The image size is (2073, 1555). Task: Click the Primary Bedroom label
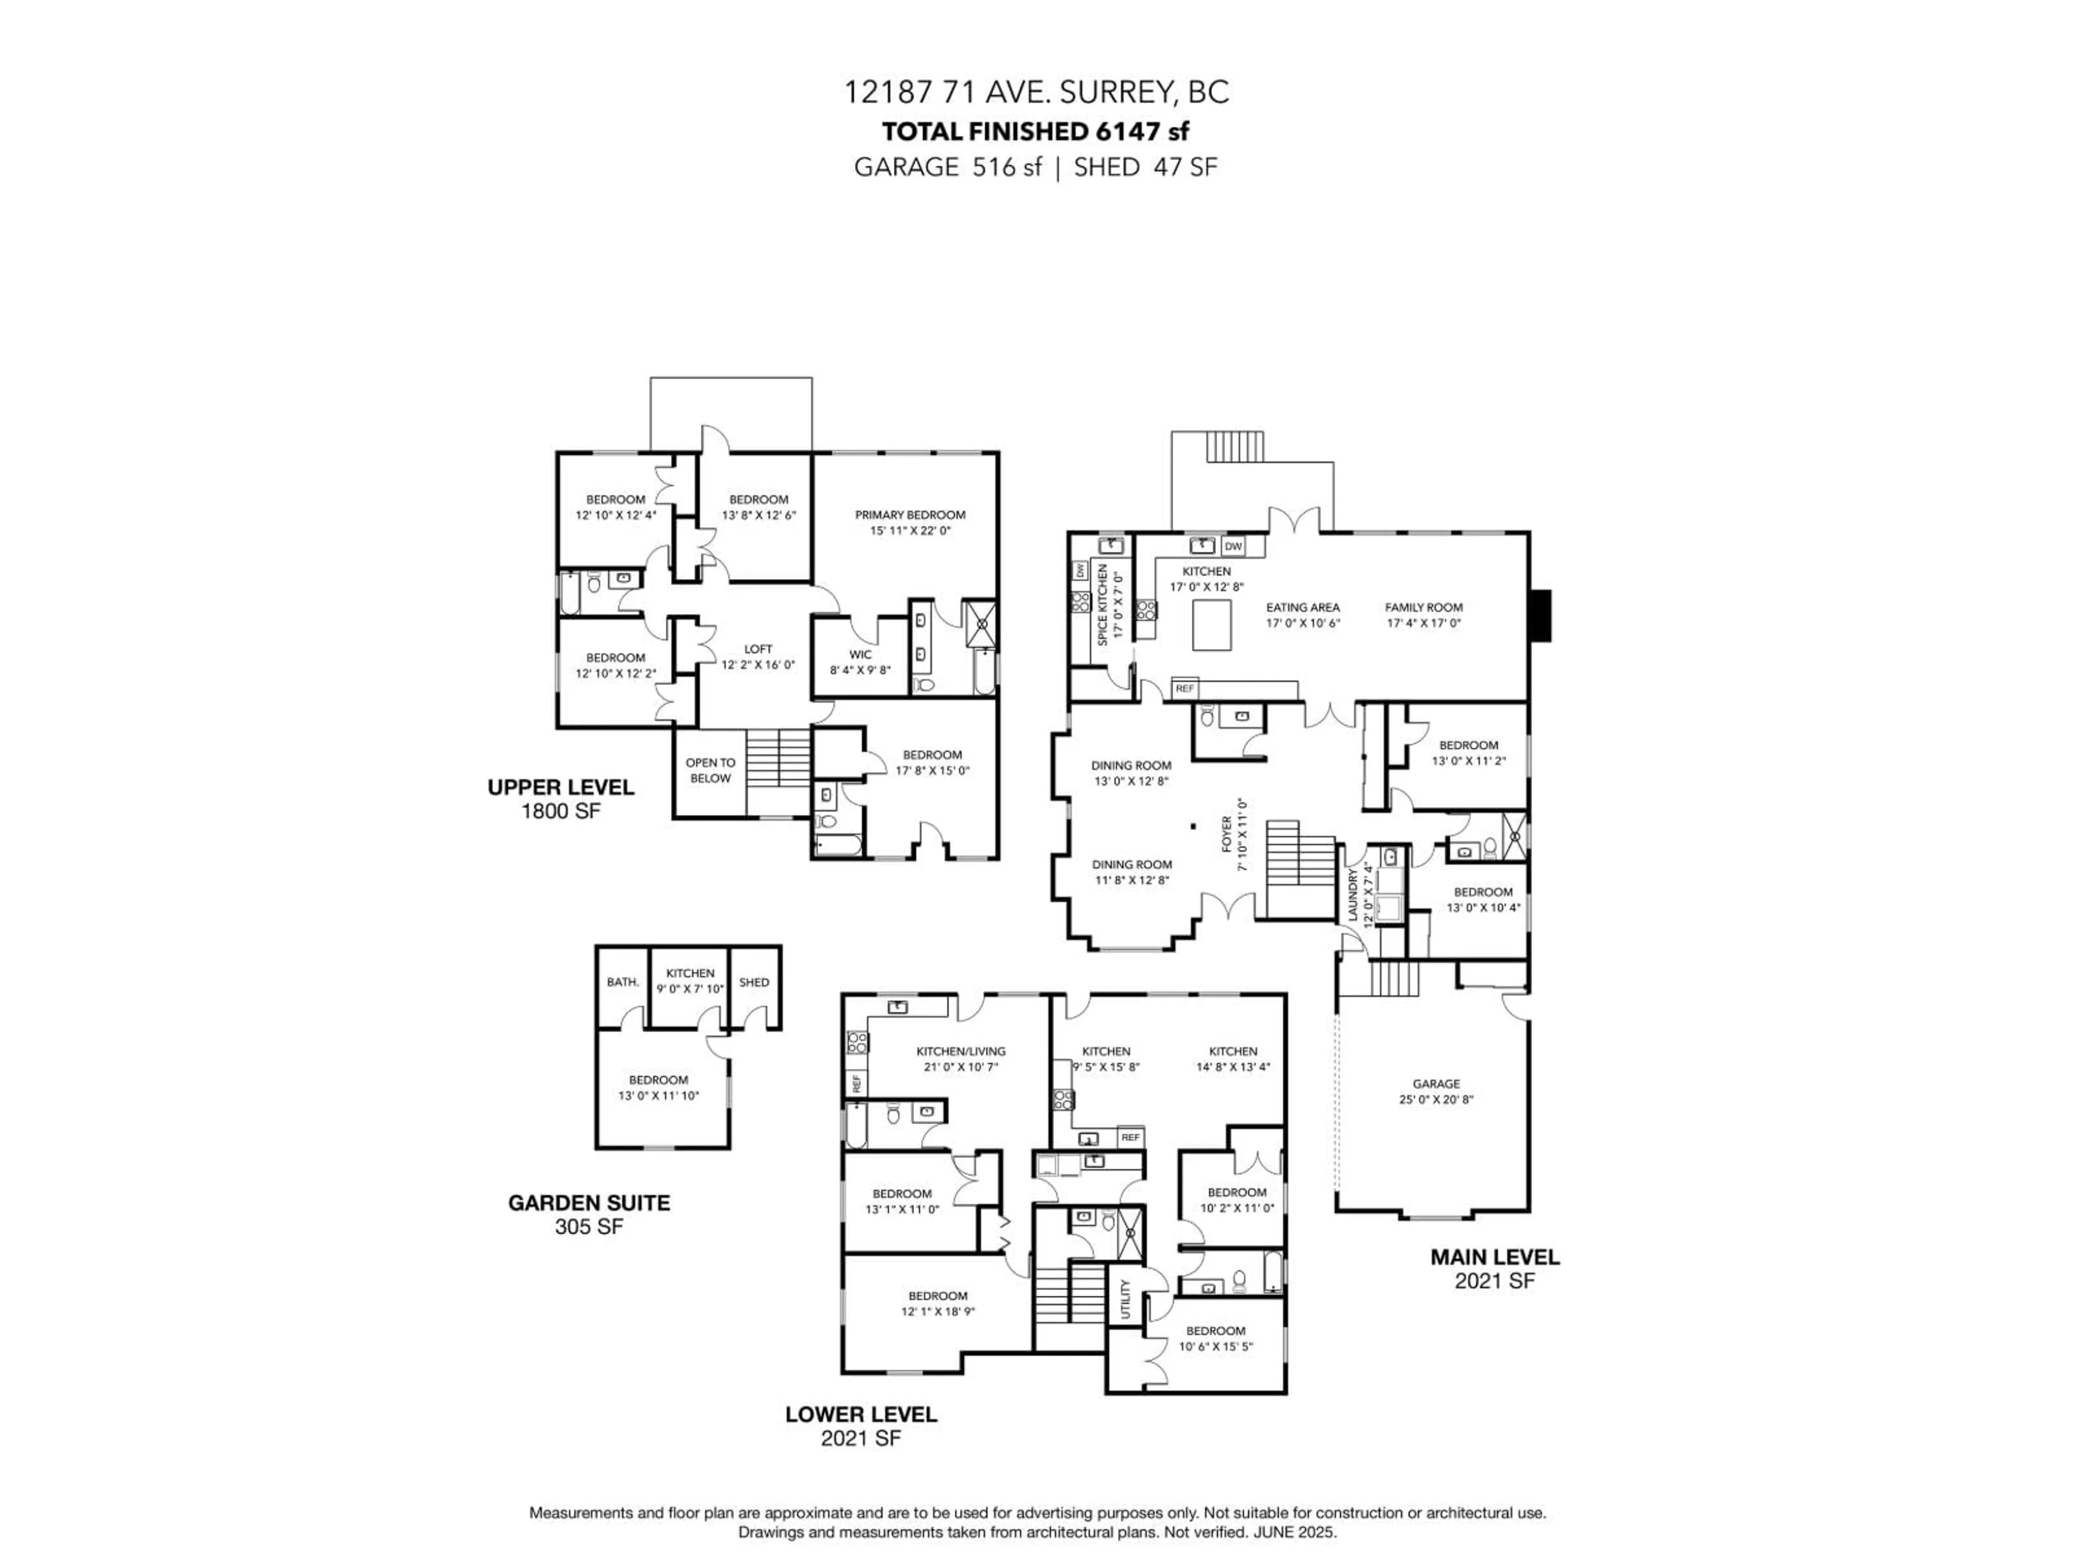(x=909, y=515)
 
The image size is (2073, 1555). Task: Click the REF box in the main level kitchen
(x=1184, y=688)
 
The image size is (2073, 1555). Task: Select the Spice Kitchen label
(x=1103, y=605)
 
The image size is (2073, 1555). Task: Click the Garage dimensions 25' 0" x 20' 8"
(x=1436, y=1099)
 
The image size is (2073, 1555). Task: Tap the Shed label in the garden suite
(x=754, y=982)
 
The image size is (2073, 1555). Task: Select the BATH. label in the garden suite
(x=622, y=982)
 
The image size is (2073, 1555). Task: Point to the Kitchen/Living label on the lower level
(x=960, y=1052)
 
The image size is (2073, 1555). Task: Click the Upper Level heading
(x=560, y=787)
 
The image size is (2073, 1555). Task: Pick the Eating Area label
(x=1303, y=607)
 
